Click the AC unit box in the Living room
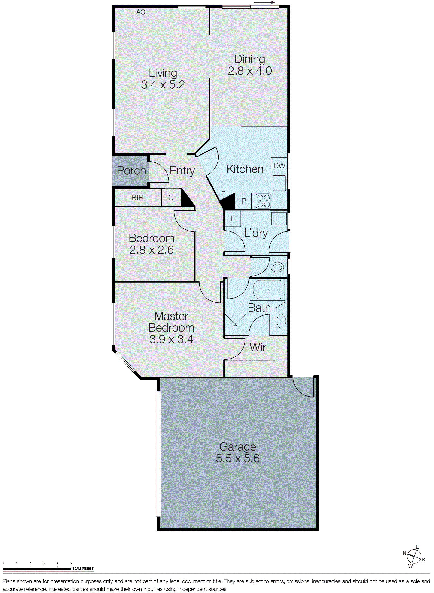click(141, 12)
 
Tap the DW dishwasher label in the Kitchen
click(279, 166)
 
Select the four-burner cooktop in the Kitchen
click(264, 201)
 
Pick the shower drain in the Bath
click(235, 324)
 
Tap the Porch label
click(131, 171)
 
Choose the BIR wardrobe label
click(137, 198)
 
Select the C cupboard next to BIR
click(171, 198)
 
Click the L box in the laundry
click(233, 219)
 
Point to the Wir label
click(258, 347)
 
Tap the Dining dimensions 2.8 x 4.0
click(250, 71)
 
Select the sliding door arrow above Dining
click(264, 3)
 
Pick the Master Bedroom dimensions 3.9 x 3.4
click(171, 339)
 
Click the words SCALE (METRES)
click(84, 569)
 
